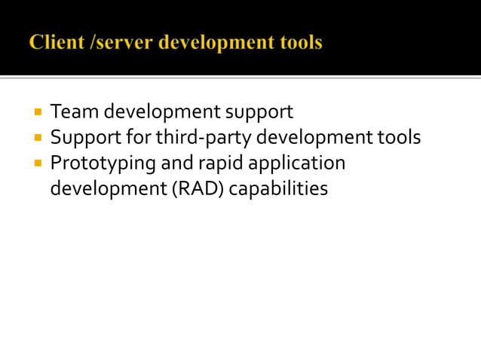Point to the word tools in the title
[x=299, y=43]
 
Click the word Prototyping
[x=103, y=163]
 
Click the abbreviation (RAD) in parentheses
[x=199, y=188]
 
